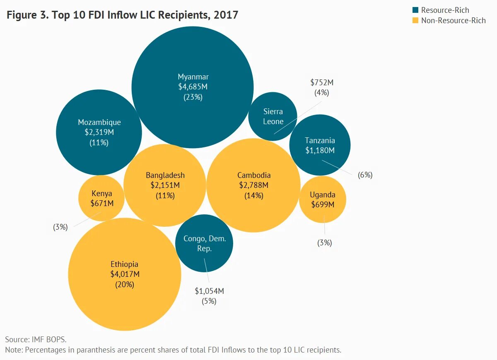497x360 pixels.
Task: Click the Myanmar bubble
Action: coord(193,58)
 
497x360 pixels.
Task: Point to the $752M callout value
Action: coord(322,82)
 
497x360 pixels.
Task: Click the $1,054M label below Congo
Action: coord(209,291)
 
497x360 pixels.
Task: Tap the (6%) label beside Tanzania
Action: coord(365,175)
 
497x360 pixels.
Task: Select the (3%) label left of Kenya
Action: coord(60,227)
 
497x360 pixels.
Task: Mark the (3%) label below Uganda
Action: coord(325,243)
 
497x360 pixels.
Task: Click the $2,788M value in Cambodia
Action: coord(254,185)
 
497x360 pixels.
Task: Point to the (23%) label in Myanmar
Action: coord(193,97)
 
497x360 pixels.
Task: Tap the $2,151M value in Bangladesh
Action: coord(165,185)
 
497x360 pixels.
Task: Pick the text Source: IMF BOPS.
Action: coord(36,339)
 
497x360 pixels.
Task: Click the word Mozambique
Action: coord(99,122)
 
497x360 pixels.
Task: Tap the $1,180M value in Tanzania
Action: coord(320,151)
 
